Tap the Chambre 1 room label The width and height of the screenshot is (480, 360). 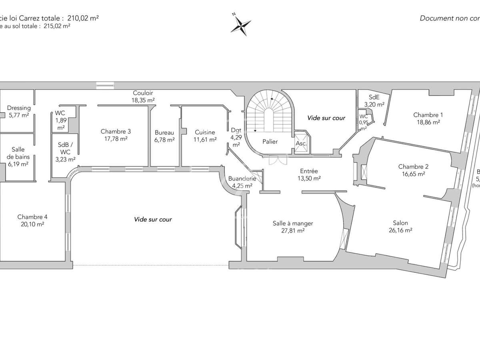(x=428, y=115)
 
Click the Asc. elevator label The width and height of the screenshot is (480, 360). (x=301, y=143)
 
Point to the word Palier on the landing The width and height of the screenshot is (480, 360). (x=270, y=142)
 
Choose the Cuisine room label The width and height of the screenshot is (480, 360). (x=205, y=132)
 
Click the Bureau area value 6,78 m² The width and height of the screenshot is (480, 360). (x=164, y=140)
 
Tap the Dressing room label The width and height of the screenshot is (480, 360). (x=19, y=108)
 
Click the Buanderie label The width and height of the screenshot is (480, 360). (x=240, y=178)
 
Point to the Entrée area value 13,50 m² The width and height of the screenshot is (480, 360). (x=308, y=178)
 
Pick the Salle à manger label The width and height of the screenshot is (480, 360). (x=293, y=223)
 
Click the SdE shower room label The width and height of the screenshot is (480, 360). (x=374, y=97)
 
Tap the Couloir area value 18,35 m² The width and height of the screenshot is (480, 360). (x=144, y=100)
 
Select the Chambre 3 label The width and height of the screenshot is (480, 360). (x=116, y=131)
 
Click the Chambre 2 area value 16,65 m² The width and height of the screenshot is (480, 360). (x=411, y=174)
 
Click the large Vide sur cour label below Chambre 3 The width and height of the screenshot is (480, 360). (x=153, y=219)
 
